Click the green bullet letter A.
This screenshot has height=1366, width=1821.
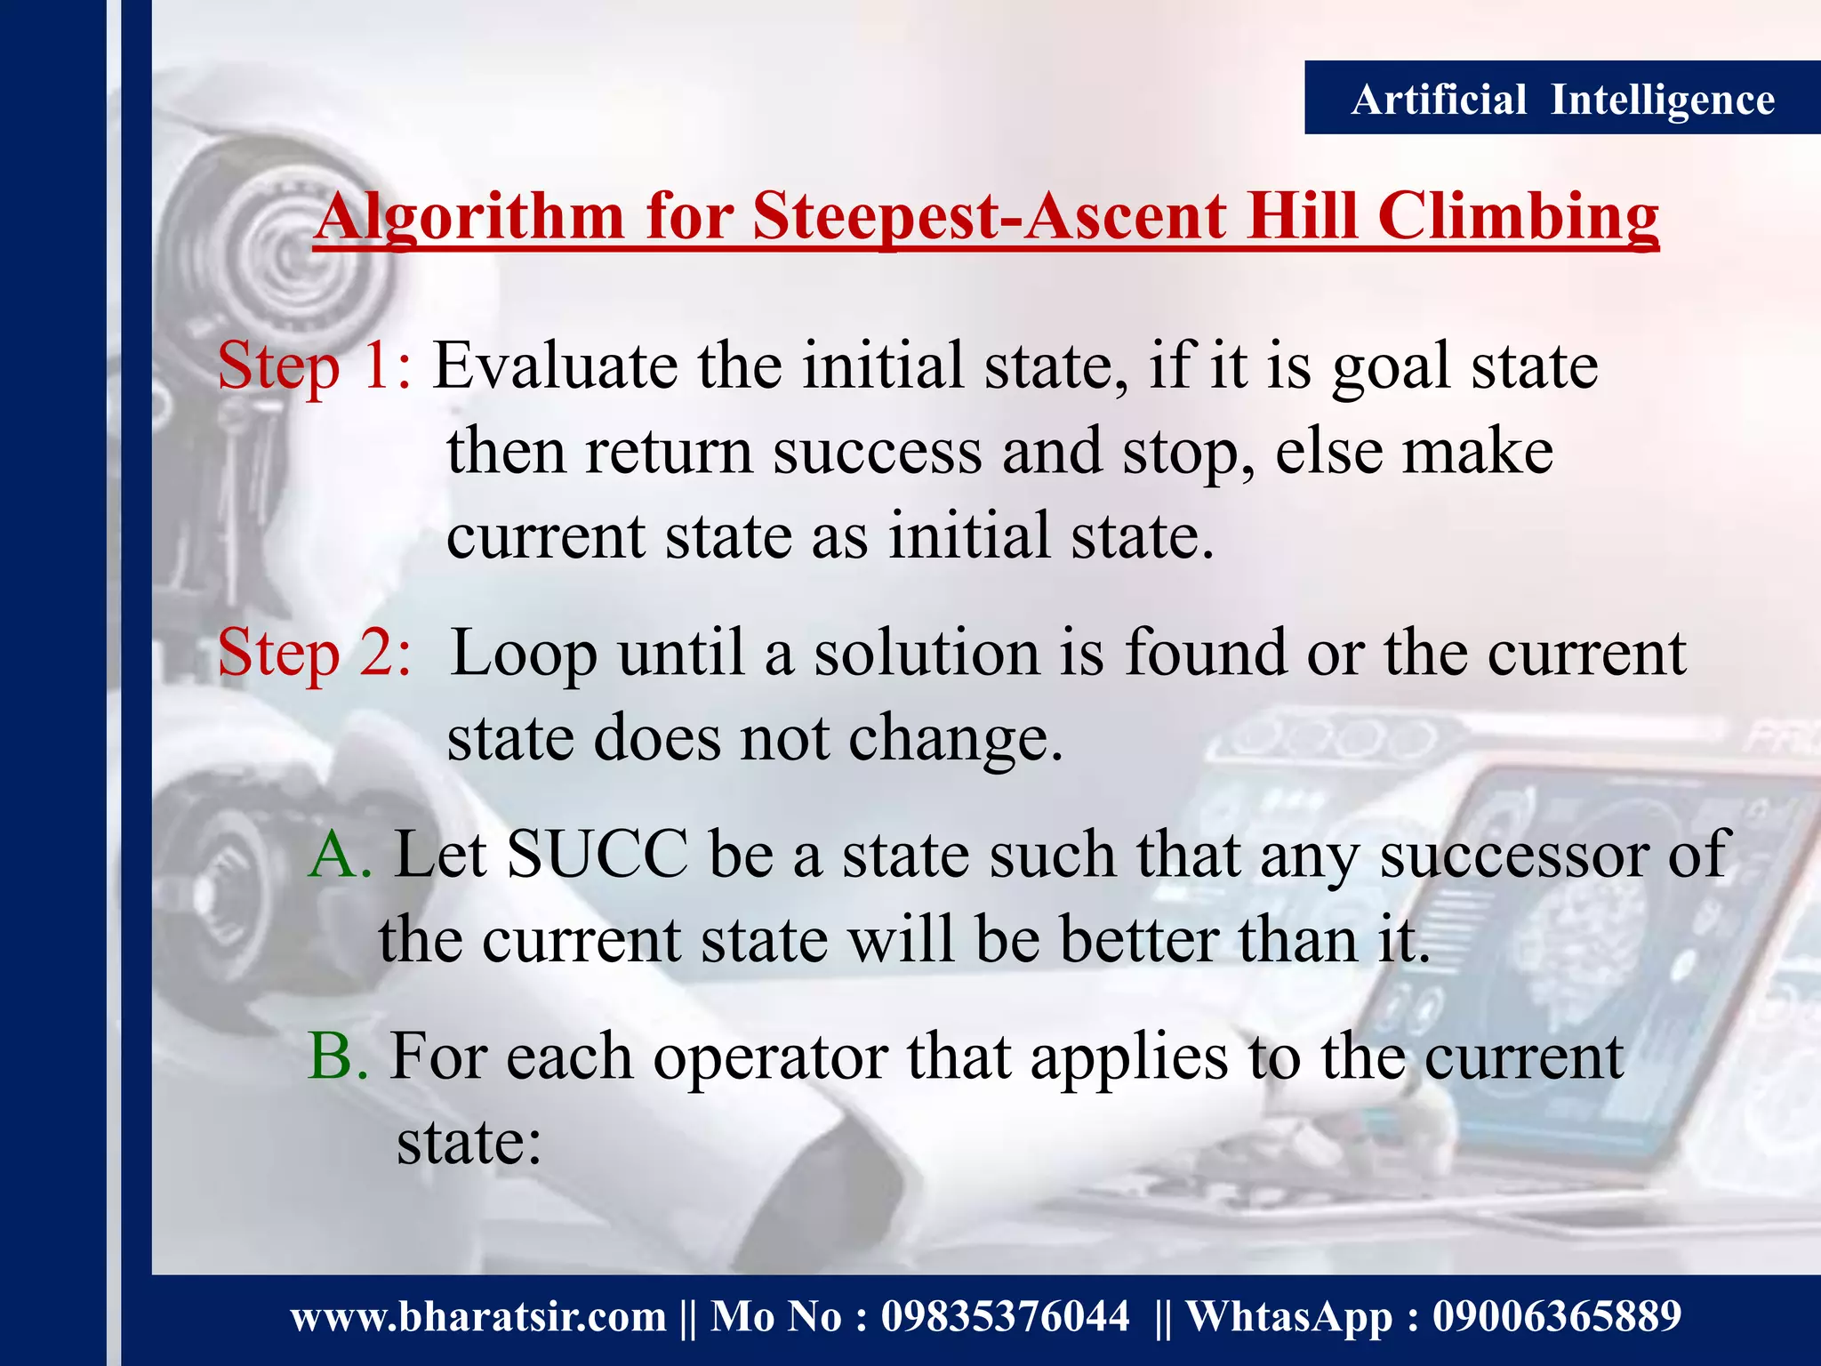coord(339,855)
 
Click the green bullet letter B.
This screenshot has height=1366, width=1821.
coord(337,1057)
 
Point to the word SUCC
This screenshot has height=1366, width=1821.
coord(597,855)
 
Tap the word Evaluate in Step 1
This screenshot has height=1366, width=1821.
coord(554,366)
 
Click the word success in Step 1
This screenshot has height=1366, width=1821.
coord(877,452)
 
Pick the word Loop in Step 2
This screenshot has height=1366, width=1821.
coord(524,654)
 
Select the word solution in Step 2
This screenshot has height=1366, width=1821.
coord(927,654)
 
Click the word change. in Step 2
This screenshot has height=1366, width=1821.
coord(955,740)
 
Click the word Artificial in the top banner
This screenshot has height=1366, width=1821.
coord(1438,99)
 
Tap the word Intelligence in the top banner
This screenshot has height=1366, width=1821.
coord(1662,99)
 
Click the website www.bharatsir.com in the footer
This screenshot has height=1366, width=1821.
coord(478,1316)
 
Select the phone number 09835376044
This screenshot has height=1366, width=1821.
coord(1005,1316)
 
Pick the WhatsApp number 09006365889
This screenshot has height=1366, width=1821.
coord(1556,1316)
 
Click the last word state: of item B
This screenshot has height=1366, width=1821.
coord(469,1142)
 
